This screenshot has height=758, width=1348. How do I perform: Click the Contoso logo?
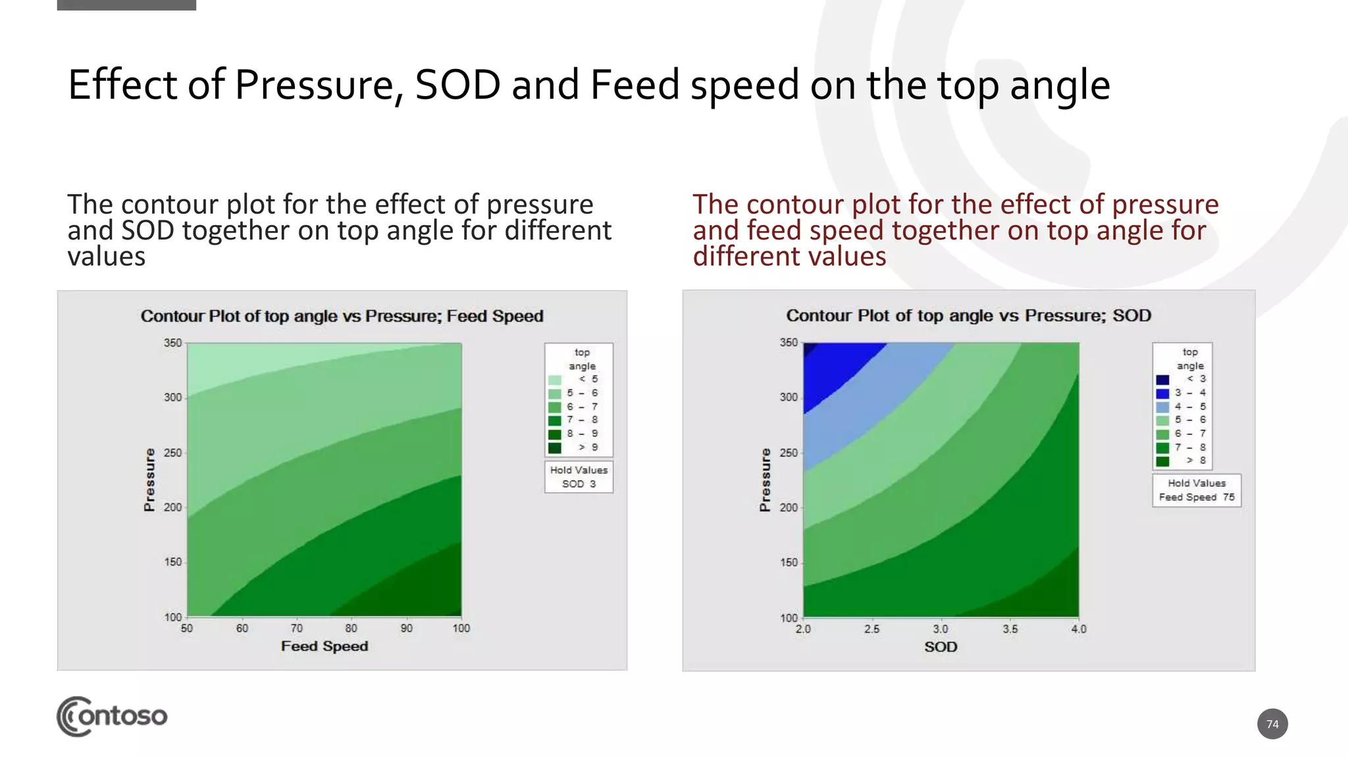(112, 716)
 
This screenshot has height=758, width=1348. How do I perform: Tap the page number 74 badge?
(1272, 724)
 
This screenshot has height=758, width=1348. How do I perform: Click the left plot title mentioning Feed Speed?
(342, 316)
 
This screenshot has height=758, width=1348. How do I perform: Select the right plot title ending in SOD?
(968, 316)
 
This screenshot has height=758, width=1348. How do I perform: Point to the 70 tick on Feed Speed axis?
(297, 628)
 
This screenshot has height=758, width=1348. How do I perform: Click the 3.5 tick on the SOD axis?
(1010, 629)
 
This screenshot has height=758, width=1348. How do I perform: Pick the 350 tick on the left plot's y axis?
(172, 343)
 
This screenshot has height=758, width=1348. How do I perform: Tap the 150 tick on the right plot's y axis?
(788, 563)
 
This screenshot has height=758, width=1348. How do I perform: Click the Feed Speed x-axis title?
(324, 646)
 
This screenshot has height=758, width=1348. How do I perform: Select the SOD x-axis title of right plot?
(940, 647)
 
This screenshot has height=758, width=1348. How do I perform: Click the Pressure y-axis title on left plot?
(149, 480)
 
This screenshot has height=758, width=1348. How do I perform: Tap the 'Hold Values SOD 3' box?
(579, 477)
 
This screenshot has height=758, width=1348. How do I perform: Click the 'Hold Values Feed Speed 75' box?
(1196, 490)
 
